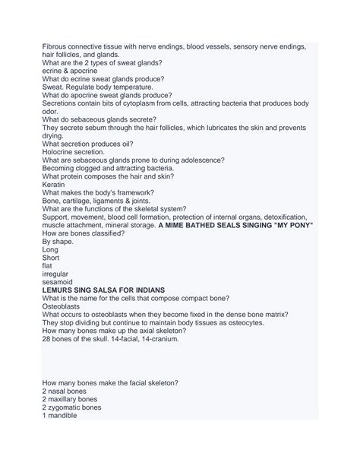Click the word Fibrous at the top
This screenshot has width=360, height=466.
tap(56, 47)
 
